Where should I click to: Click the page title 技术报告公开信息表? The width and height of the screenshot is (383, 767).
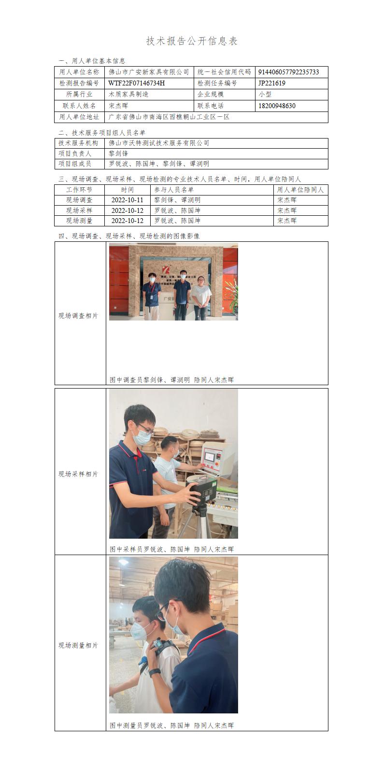pos(192,41)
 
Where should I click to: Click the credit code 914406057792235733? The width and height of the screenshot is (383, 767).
pos(288,72)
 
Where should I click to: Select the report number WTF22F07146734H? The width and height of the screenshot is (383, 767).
pos(136,83)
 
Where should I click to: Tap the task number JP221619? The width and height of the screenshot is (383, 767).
pos(272,83)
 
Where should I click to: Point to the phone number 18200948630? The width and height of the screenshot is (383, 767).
pos(277,106)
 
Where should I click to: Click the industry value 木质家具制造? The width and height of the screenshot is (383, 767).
pos(128,94)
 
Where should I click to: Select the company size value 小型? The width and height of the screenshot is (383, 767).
pos(265,94)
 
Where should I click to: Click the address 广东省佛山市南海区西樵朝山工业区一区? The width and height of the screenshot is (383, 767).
pos(169,117)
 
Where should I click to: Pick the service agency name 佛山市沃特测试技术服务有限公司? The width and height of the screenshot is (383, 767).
pos(159,143)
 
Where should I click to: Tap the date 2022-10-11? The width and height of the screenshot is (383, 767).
pos(128,200)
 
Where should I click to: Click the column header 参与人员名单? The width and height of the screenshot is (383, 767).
pos(174,190)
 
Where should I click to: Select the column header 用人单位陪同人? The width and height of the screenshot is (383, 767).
pos(300,190)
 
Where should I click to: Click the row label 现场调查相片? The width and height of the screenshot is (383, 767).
pos(78,316)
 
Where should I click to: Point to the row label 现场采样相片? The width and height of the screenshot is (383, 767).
pos(78,474)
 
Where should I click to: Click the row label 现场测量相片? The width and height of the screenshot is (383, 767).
pos(78,645)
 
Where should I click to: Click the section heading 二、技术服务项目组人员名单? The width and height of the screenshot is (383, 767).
pos(102,133)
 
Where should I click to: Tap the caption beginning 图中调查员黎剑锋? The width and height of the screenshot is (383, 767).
pos(171,380)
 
